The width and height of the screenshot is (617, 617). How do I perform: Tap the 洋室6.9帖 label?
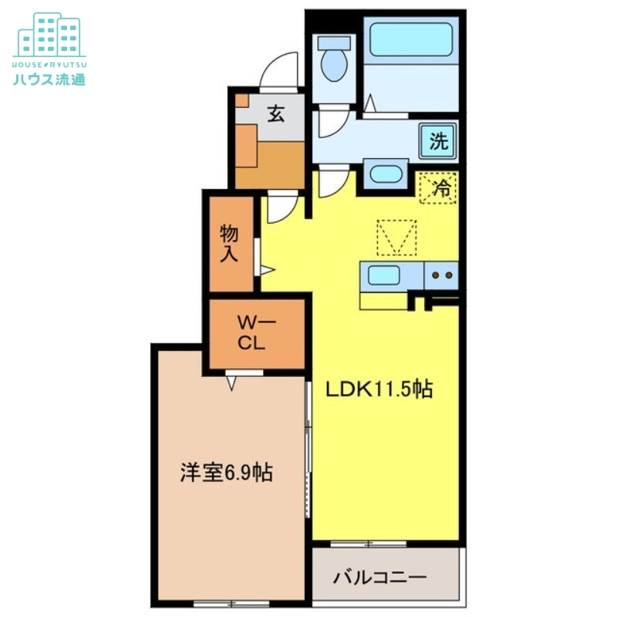pos(226,473)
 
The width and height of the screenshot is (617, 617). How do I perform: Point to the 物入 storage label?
pos(229,244)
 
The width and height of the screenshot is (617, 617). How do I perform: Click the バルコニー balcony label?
pos(380,577)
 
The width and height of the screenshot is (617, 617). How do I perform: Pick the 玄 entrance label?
pos(275,115)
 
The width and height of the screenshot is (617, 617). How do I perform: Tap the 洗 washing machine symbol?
pos(438,140)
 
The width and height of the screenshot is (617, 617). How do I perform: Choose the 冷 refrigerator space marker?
pos(439,187)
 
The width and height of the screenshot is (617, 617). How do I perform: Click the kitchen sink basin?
pos(383,275)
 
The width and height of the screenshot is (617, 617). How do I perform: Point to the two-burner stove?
pos(440,275)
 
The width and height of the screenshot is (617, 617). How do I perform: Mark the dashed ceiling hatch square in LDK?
pos(396,237)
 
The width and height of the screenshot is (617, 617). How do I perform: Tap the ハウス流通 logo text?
pos(49,77)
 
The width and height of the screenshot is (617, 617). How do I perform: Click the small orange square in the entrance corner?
pos(241,100)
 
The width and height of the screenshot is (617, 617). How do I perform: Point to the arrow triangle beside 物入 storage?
pos(267,270)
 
